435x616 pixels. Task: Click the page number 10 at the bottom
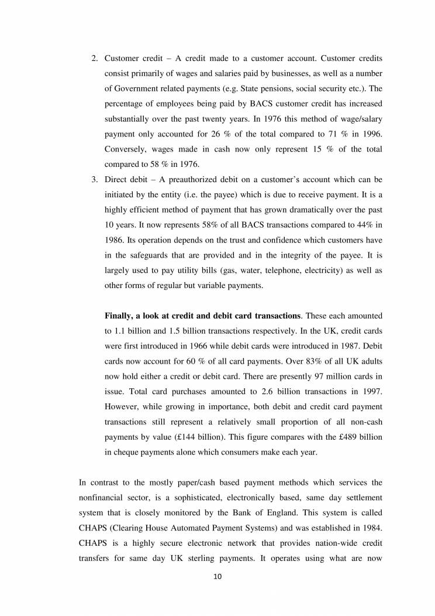[217, 577]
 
